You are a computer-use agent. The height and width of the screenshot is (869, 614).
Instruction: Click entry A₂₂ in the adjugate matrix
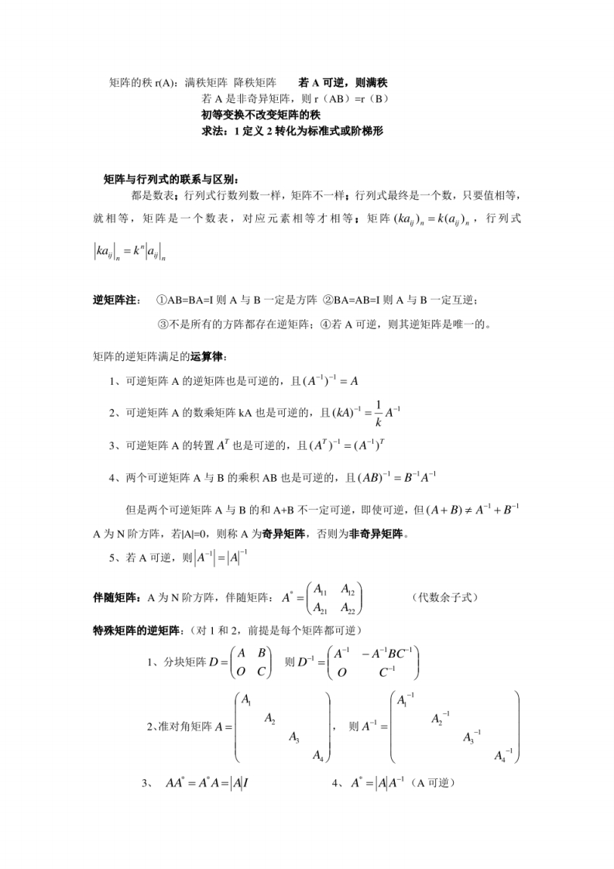352,609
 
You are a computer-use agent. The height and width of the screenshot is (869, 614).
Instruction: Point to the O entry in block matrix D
242,672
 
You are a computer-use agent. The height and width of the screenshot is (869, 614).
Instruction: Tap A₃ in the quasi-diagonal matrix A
294,737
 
